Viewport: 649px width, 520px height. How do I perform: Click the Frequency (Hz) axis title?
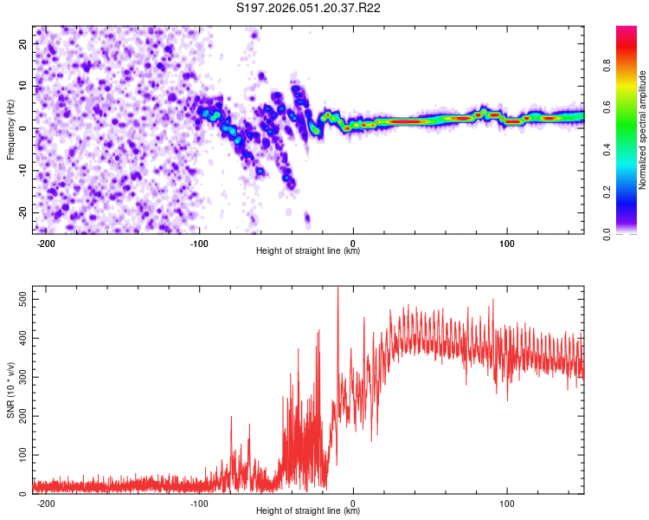click(x=10, y=130)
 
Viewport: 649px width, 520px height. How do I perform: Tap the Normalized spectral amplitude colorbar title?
click(x=643, y=130)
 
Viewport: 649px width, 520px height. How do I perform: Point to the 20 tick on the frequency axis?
click(x=23, y=43)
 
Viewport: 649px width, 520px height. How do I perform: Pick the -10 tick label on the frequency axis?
click(x=22, y=171)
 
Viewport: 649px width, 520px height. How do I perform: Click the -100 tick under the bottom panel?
click(x=199, y=503)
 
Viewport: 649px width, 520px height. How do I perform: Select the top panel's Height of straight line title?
click(x=307, y=251)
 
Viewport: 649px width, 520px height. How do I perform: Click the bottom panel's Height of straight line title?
click(x=307, y=511)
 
